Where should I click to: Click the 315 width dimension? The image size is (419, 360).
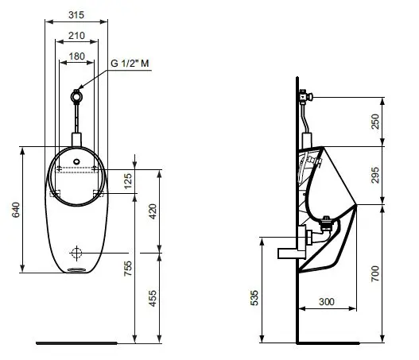coord(76,15)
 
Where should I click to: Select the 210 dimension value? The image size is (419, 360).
coord(76,36)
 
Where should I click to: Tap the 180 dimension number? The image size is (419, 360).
coord(76,56)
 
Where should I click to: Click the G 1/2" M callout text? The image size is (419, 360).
coord(130,64)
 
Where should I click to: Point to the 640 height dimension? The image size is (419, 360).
coord(16,210)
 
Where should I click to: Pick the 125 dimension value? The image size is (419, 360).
coord(128,181)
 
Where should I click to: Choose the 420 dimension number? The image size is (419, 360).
coord(153,211)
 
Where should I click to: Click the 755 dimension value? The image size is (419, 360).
coord(128,269)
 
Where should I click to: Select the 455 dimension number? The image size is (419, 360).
coord(153,299)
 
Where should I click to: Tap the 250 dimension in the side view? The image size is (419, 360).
coord(375,122)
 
